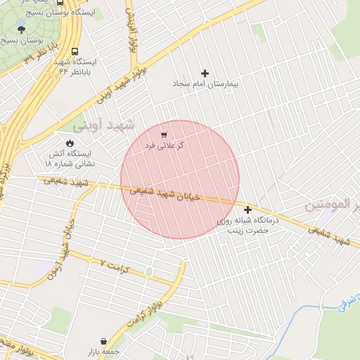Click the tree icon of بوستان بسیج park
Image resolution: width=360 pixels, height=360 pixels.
click(x=20, y=30)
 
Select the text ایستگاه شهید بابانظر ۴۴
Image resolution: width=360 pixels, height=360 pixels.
click(x=77, y=66)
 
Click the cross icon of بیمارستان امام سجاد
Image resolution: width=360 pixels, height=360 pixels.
click(x=205, y=73)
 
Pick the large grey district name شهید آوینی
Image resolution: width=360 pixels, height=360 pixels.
click(x=98, y=127)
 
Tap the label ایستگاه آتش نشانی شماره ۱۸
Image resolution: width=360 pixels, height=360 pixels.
click(x=70, y=158)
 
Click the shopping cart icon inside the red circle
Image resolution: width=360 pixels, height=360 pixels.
click(x=164, y=134)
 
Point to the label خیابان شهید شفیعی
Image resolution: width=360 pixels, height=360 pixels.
click(x=167, y=193)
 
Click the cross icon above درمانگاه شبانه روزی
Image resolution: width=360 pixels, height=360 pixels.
click(x=247, y=210)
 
